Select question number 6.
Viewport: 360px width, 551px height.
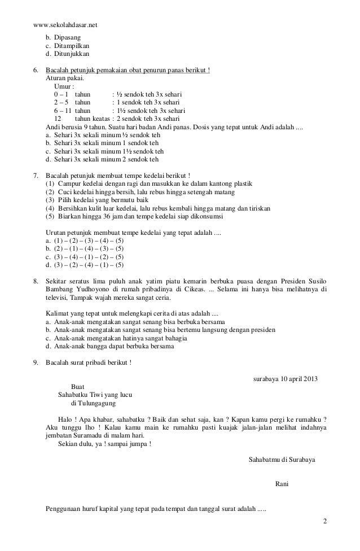(x=36, y=70)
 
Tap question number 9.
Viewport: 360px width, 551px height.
(x=36, y=362)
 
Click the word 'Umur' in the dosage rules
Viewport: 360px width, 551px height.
(x=63, y=86)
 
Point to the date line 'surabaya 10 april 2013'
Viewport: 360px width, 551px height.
(x=283, y=378)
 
